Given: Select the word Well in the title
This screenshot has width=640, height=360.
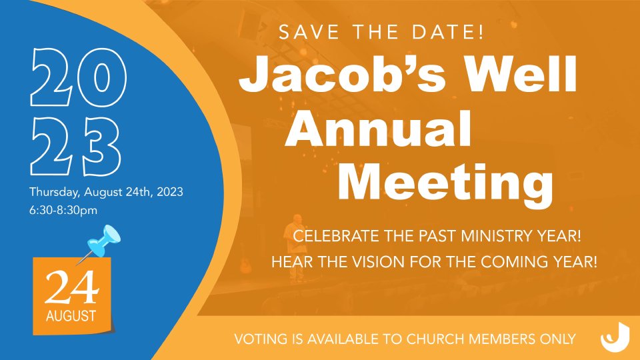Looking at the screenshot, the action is pos(521,74).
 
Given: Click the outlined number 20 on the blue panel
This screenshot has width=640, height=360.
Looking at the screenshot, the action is pos(79,77).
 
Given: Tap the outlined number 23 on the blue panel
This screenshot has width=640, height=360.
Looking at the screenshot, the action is pos(75,147).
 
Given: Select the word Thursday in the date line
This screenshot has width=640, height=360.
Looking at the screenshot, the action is pos(55,192).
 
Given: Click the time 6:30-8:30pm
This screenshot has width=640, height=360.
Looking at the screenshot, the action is pos(63,211).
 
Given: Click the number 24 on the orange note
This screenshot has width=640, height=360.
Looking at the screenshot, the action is pos(72,288).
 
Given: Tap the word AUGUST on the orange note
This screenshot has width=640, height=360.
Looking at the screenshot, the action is pos(71,316).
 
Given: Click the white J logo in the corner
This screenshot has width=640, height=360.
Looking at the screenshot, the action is pos(615,337).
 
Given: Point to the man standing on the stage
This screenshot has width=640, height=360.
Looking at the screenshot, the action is pos(295,247).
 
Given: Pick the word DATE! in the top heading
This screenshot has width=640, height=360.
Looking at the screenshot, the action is pos(448,32).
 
